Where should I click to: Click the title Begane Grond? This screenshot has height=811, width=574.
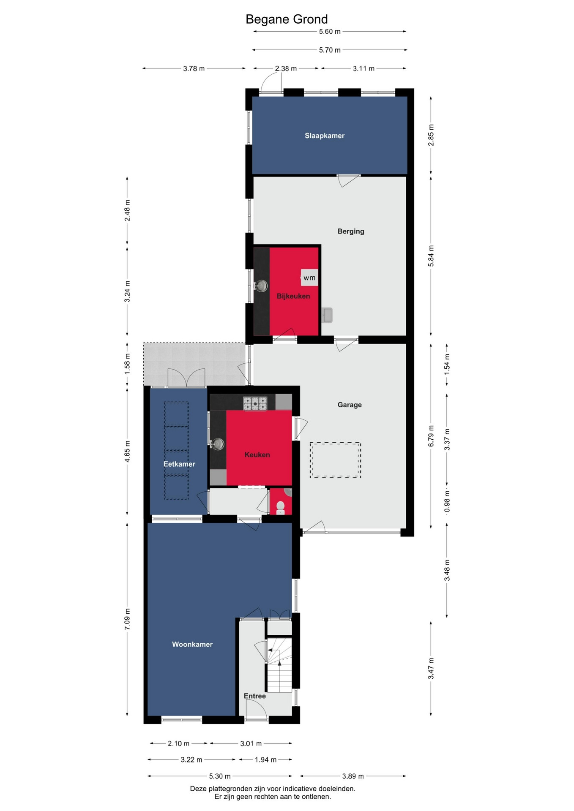[287, 19]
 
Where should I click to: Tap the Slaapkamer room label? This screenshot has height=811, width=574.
[325, 136]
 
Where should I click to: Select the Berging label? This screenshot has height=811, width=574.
[351, 231]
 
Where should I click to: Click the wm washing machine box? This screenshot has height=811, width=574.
[309, 278]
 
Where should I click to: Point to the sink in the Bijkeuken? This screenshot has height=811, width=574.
[262, 286]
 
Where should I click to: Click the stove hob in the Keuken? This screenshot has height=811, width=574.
[255, 403]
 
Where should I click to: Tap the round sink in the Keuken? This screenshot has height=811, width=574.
[218, 444]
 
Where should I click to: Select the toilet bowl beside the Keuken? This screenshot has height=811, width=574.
[280, 507]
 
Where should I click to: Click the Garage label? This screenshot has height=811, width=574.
[350, 405]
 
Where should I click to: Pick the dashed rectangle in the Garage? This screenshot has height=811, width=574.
[335, 460]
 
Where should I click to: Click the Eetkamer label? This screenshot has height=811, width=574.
[179, 464]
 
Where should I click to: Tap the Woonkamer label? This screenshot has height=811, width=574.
[192, 644]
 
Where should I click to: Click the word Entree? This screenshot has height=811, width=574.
[255, 696]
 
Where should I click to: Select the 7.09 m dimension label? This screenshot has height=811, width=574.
[127, 619]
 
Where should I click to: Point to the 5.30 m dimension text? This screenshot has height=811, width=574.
[220, 776]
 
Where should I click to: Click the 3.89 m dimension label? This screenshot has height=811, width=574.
[353, 776]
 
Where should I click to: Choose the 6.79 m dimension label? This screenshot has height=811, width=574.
[431, 436]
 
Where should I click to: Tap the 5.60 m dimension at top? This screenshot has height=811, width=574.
[330, 32]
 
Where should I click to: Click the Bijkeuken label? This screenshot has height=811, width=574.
[293, 296]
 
